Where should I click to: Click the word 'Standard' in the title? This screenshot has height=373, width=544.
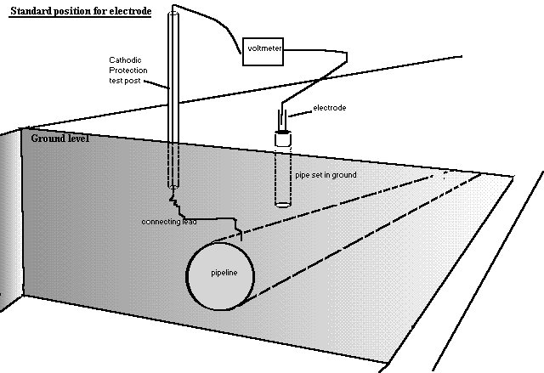(x=35, y=11)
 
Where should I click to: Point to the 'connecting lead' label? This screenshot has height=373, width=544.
(x=170, y=222)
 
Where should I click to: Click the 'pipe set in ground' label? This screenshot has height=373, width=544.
(x=326, y=174)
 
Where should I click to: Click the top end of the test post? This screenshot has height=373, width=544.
(x=173, y=13)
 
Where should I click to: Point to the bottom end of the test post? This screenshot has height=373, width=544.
(x=173, y=189)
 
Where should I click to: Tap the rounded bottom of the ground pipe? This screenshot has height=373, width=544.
(x=283, y=204)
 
